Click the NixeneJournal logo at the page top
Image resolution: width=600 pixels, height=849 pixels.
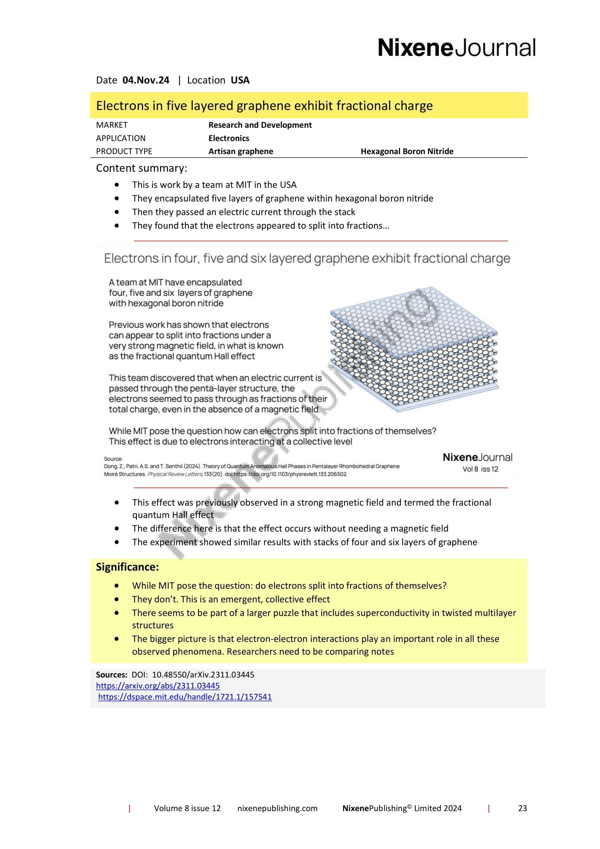[x=456, y=48]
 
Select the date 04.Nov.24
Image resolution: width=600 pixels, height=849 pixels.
[x=146, y=80]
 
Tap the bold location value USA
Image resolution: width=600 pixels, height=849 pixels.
[x=240, y=80]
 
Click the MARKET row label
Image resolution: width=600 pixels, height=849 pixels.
[x=112, y=125]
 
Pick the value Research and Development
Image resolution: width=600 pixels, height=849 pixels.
[x=260, y=125]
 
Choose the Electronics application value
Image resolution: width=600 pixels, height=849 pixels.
[x=228, y=138]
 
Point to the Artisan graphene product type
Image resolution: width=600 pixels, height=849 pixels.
[x=241, y=151]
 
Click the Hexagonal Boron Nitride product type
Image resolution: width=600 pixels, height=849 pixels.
[x=407, y=151]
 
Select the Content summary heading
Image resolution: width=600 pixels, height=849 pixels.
[x=142, y=168]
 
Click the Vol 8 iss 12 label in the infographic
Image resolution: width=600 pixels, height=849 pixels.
[x=480, y=469]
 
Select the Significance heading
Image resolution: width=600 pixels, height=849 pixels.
[x=127, y=567]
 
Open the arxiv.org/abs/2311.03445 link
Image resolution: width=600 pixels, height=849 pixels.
[x=158, y=686]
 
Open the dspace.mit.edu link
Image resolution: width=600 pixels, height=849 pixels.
[x=185, y=697]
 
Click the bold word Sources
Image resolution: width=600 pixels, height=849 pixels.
[x=111, y=674]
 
